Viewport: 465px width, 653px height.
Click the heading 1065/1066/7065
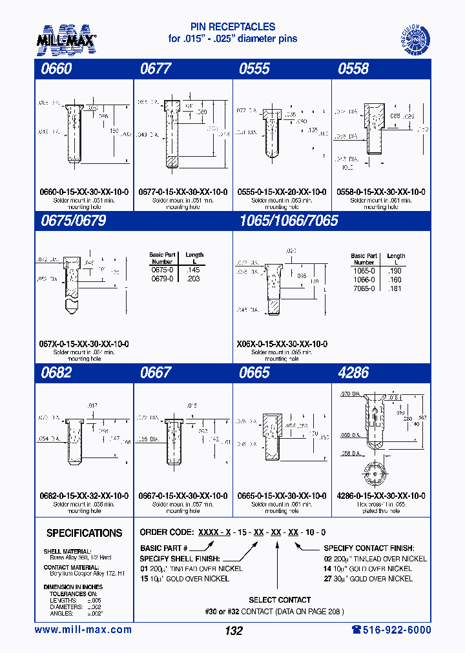pyautogui.click(x=289, y=221)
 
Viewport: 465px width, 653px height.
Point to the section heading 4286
pyautogui.click(x=353, y=372)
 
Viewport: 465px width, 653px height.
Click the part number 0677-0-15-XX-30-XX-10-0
pyautogui.click(x=183, y=192)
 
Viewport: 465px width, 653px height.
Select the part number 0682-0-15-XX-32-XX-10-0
pyautogui.click(x=84, y=496)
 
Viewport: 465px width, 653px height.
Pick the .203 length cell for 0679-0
pyautogui.click(x=193, y=279)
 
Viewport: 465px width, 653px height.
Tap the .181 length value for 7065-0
pyautogui.click(x=395, y=288)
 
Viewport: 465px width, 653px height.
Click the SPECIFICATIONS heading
pyautogui.click(x=84, y=533)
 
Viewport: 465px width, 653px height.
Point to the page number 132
pyautogui.click(x=233, y=630)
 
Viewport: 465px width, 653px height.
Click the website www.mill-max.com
pyautogui.click(x=83, y=630)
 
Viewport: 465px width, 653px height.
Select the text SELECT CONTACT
pyautogui.click(x=280, y=599)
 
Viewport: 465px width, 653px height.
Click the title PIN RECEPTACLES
pyautogui.click(x=232, y=27)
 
